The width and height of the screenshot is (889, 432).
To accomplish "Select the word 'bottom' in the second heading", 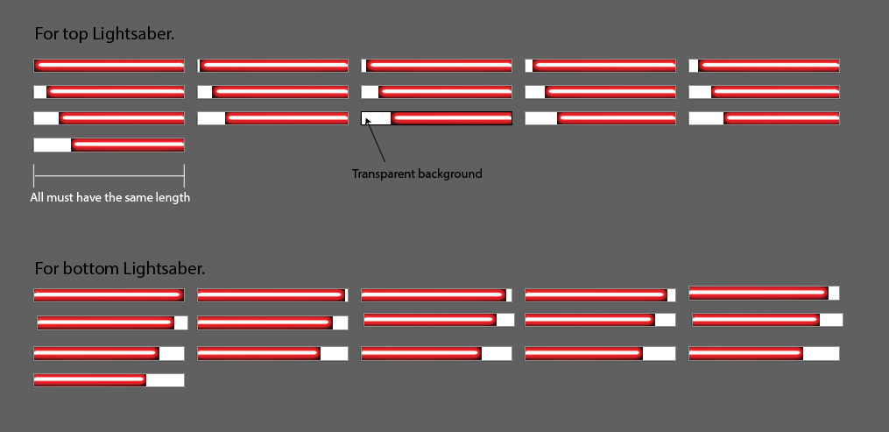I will coord(88,268).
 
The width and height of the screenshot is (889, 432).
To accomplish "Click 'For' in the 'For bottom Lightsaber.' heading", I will coord(46,268).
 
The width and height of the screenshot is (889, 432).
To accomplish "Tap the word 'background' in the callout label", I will coord(450,174).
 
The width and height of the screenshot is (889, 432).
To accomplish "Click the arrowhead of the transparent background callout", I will coord(367,120).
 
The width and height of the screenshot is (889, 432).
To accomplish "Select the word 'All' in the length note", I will coord(38,197).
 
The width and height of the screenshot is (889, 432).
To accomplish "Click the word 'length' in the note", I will coord(172,197).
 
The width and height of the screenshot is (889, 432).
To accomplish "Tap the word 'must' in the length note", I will coord(62,197).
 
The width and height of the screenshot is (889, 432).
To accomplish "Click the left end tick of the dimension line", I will coord(34,175).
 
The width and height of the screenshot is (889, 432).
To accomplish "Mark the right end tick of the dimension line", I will coord(184,175).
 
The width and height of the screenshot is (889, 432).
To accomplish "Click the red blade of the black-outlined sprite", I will coord(451,118).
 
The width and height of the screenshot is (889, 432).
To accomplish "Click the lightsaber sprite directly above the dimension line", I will coord(109,145).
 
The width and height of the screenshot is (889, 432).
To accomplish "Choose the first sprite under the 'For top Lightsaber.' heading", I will coord(109,65).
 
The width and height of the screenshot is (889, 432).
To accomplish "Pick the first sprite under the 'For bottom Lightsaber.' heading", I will coord(109,295).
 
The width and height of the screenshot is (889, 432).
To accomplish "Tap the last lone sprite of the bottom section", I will coord(109,380).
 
